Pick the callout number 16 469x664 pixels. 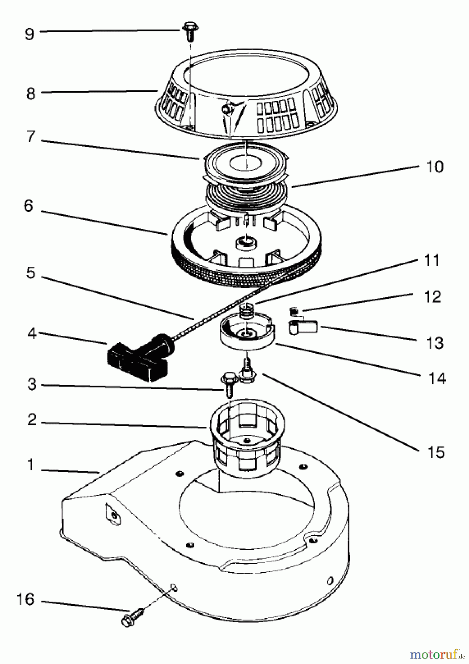pos(25,599)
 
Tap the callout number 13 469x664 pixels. pos(435,343)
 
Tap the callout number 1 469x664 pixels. pos(31,465)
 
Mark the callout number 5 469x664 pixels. pos(31,273)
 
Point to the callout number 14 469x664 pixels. pos(437,379)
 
